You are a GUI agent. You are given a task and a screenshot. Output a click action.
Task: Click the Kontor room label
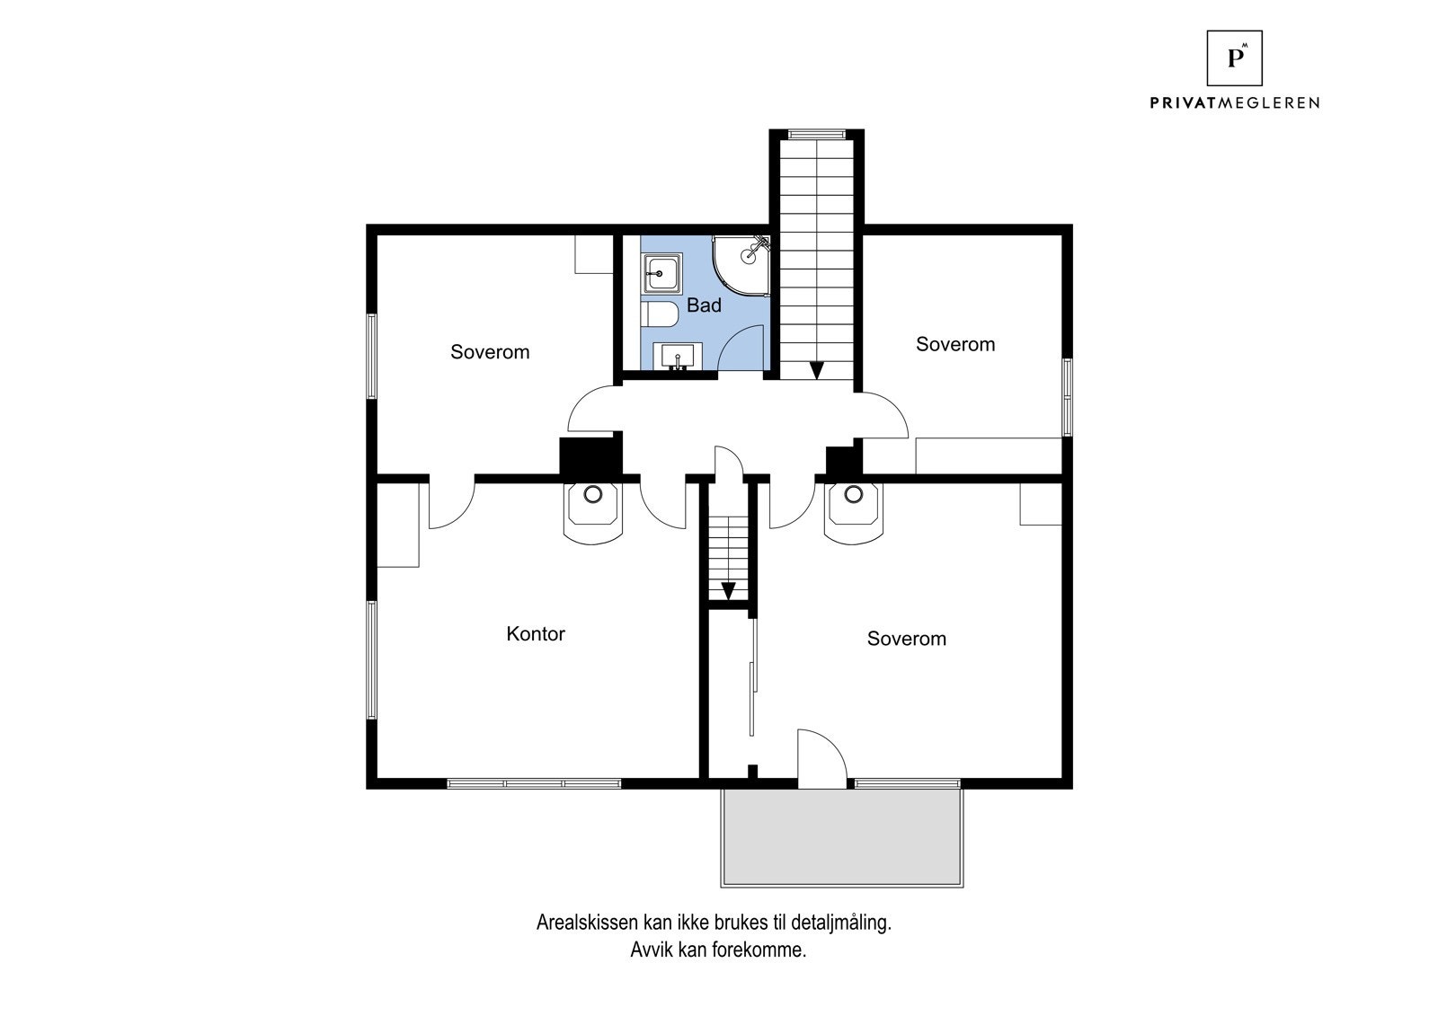(x=536, y=634)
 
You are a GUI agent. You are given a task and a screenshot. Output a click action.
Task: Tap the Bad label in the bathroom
(x=704, y=305)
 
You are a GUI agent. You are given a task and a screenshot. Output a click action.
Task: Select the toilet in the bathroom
(x=660, y=314)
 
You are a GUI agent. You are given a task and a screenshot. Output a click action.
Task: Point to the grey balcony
(x=841, y=837)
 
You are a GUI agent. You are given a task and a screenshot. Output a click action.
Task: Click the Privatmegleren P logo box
(x=1234, y=57)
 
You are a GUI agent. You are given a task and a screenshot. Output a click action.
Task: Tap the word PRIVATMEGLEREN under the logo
(x=1234, y=102)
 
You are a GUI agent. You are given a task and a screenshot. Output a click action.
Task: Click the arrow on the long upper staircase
(x=817, y=370)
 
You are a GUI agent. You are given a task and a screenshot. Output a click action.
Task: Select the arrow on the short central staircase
(x=728, y=590)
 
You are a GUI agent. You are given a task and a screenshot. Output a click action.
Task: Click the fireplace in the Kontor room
(x=592, y=514)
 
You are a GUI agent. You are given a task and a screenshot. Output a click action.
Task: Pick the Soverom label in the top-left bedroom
(x=490, y=352)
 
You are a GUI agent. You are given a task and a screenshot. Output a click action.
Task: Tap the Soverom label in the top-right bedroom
(x=955, y=345)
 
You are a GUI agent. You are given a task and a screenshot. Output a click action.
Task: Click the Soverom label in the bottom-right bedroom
(x=907, y=639)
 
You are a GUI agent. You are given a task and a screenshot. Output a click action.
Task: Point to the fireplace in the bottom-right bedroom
(x=853, y=514)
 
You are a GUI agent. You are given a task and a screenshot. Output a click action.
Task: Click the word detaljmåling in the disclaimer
(x=841, y=923)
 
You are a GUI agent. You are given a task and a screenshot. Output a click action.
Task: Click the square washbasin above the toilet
(x=661, y=273)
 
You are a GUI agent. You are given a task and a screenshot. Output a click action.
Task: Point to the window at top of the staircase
(x=817, y=134)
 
